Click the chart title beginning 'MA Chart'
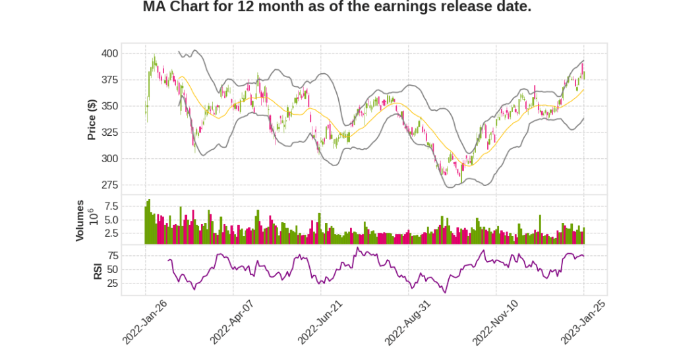337,7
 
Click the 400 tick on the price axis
109,53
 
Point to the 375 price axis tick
109,80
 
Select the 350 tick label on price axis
109,106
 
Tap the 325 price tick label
109,133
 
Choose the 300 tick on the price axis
109,159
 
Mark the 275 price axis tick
109,185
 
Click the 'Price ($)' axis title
92,119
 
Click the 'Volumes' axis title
80,220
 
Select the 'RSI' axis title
98,270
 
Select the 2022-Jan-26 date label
146,321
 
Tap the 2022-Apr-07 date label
233,321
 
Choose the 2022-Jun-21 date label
320,321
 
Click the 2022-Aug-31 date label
408,321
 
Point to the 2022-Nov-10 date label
496,321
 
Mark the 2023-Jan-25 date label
583,321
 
